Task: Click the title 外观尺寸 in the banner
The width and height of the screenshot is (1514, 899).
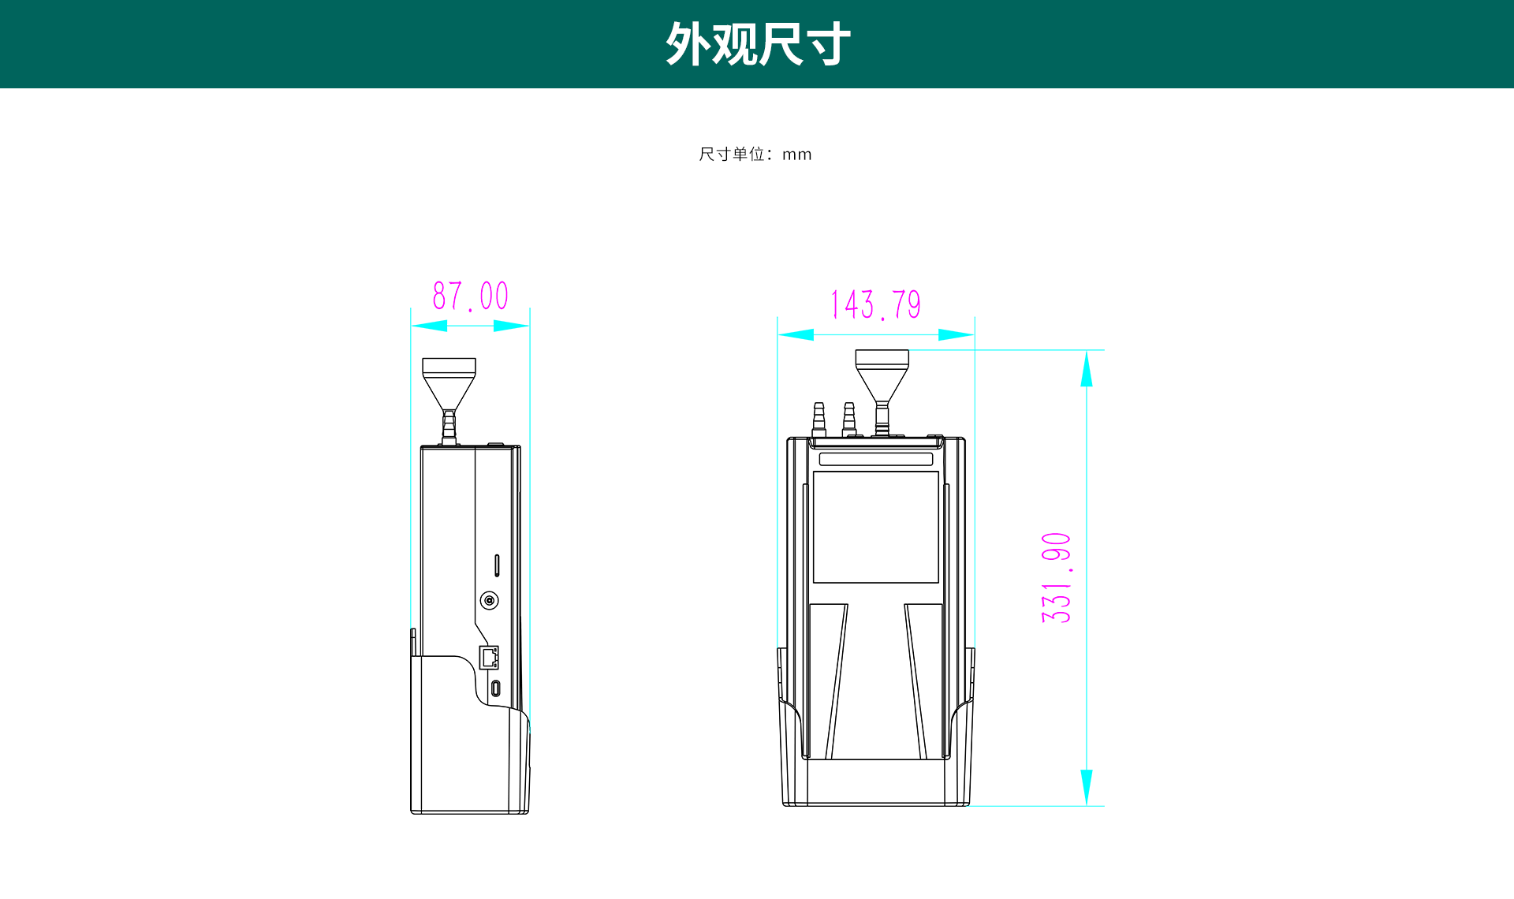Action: point(758,44)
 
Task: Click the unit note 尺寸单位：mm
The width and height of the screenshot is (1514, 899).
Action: point(755,155)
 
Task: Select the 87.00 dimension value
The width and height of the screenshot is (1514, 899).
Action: point(470,297)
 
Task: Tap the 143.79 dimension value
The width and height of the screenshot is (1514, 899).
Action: point(876,305)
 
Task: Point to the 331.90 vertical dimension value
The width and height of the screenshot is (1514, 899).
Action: point(1057,578)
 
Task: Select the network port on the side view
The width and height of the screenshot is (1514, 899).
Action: point(489,657)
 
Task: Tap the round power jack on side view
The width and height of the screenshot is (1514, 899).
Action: point(490,601)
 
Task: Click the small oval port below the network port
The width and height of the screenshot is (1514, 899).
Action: point(495,688)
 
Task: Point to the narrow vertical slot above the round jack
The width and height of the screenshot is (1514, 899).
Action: point(497,565)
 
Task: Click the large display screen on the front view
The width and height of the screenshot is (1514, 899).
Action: point(875,527)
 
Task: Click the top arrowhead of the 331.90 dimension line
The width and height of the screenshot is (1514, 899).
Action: point(1087,368)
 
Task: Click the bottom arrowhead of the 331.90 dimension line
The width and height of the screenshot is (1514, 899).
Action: point(1087,787)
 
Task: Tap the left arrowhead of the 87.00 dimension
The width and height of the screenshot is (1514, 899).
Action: point(430,326)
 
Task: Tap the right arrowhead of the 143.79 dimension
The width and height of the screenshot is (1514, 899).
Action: point(956,335)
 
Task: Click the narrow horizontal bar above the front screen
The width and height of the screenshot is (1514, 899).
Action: point(875,459)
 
